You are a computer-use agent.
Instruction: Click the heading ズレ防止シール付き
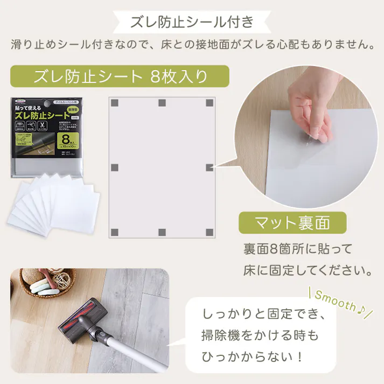click(x=192, y=22)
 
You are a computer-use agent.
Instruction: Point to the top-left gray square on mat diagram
click(x=114, y=103)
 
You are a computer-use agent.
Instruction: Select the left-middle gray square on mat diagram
click(x=114, y=167)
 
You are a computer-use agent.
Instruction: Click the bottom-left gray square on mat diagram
click(x=114, y=232)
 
